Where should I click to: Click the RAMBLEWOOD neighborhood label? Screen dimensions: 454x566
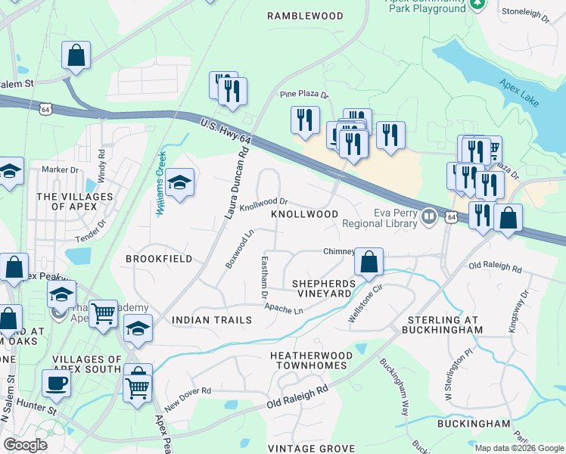click(305, 15)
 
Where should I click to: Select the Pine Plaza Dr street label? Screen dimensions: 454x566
click(304, 95)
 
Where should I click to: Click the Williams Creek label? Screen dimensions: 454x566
click(160, 182)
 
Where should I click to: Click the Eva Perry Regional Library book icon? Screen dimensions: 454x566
click(429, 218)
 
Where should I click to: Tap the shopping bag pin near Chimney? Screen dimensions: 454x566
click(369, 262)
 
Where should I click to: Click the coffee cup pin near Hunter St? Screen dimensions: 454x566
click(56, 383)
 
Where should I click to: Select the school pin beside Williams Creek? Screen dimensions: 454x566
click(179, 183)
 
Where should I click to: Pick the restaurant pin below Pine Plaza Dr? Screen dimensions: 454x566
click(305, 121)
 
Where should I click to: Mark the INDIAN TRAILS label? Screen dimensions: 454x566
click(212, 320)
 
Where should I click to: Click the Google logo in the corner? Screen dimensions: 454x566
click(25, 445)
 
